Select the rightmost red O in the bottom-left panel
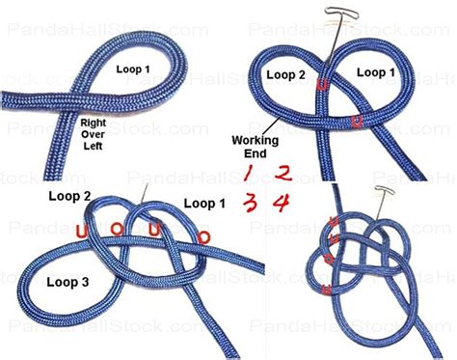click(x=203, y=236)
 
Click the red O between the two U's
click(x=116, y=230)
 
